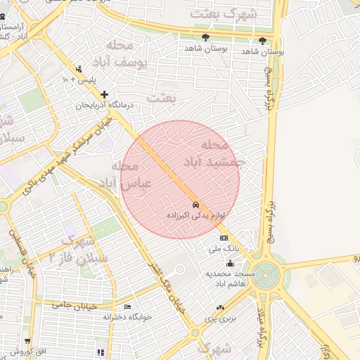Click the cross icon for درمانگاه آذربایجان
pyautogui.click(x=105, y=94)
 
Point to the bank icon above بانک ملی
pyautogui.click(x=224, y=238)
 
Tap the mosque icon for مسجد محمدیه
pyautogui.click(x=230, y=264)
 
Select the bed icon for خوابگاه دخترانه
pyautogui.click(x=127, y=307)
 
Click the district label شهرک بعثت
pyautogui.click(x=233, y=13)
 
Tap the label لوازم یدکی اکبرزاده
pyautogui.click(x=195, y=214)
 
